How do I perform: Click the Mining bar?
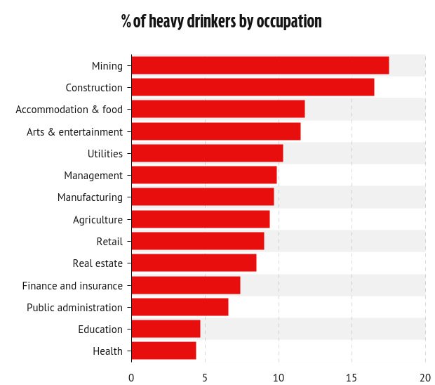[260, 65]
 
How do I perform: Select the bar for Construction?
[253, 87]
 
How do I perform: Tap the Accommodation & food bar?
[217, 109]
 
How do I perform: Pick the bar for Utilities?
[207, 153]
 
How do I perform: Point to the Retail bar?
[197, 241]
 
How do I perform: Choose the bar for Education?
[166, 329]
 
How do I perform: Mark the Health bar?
[163, 351]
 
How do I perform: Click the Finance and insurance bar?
[185, 285]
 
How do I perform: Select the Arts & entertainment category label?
[74, 131]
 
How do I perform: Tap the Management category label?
[93, 176]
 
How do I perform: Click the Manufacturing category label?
[90, 197]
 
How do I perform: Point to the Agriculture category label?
[98, 220]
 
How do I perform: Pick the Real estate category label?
[98, 263]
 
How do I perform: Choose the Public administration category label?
[74, 307]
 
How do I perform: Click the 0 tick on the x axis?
[131, 377]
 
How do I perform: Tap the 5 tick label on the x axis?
[205, 377]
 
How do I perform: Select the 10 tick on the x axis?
[279, 377]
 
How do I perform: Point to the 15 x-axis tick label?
[352, 377]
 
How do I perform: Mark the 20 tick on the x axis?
[425, 377]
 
